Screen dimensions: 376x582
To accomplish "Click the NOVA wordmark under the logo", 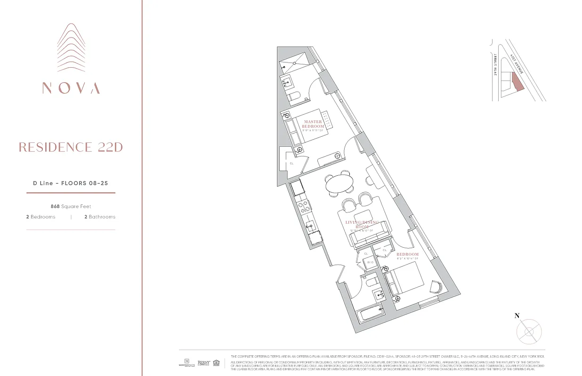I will pyautogui.click(x=71, y=88).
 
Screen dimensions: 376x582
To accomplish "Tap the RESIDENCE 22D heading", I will pyautogui.click(x=71, y=147).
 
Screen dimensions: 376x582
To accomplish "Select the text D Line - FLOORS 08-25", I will pyautogui.click(x=71, y=183).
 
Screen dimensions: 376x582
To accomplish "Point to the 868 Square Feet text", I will pyautogui.click(x=71, y=206).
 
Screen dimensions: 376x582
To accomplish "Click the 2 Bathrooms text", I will pyautogui.click(x=99, y=217).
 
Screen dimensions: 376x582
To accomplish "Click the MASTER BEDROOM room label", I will pyautogui.click(x=313, y=124).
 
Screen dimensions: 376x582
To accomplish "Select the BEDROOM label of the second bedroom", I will pyautogui.click(x=408, y=254).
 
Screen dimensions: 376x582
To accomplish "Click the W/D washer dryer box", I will pyautogui.click(x=370, y=263).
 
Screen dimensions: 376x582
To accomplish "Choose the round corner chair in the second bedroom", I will pyautogui.click(x=436, y=287).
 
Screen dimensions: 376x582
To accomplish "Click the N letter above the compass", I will pyautogui.click(x=517, y=316).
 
